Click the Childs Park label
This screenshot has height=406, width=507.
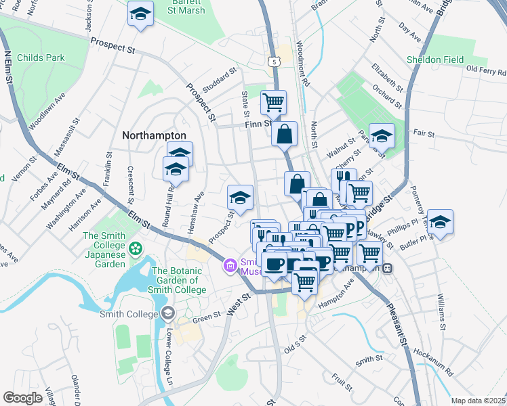[42, 58]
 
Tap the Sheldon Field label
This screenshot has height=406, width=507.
[435, 60]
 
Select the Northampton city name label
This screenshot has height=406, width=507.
[154, 135]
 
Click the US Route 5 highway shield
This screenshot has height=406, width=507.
[272, 62]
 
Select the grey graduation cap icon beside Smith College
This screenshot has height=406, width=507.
[167, 314]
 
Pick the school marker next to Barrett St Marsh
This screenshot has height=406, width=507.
[140, 14]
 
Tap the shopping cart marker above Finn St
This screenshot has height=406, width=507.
[273, 102]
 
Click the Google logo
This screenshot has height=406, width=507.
[22, 398]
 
